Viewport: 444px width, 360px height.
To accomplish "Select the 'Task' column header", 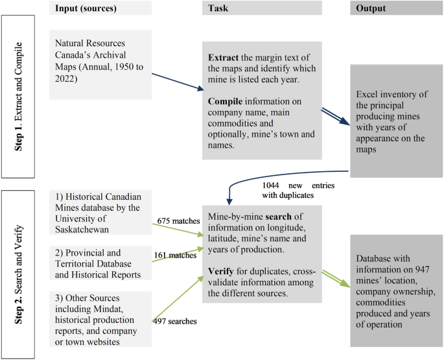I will pos(217,8).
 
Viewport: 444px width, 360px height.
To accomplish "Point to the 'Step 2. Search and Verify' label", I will pos(18,273).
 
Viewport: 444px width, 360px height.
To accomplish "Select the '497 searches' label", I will pos(175,320).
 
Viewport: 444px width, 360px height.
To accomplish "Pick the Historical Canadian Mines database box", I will pos(100,213).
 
